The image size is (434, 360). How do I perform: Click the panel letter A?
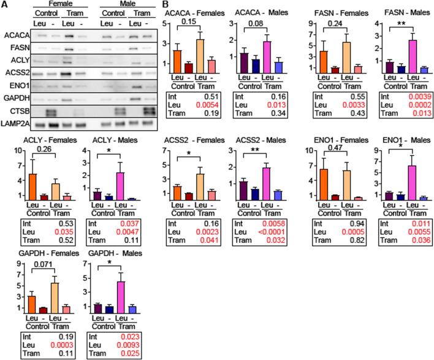[4, 5]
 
